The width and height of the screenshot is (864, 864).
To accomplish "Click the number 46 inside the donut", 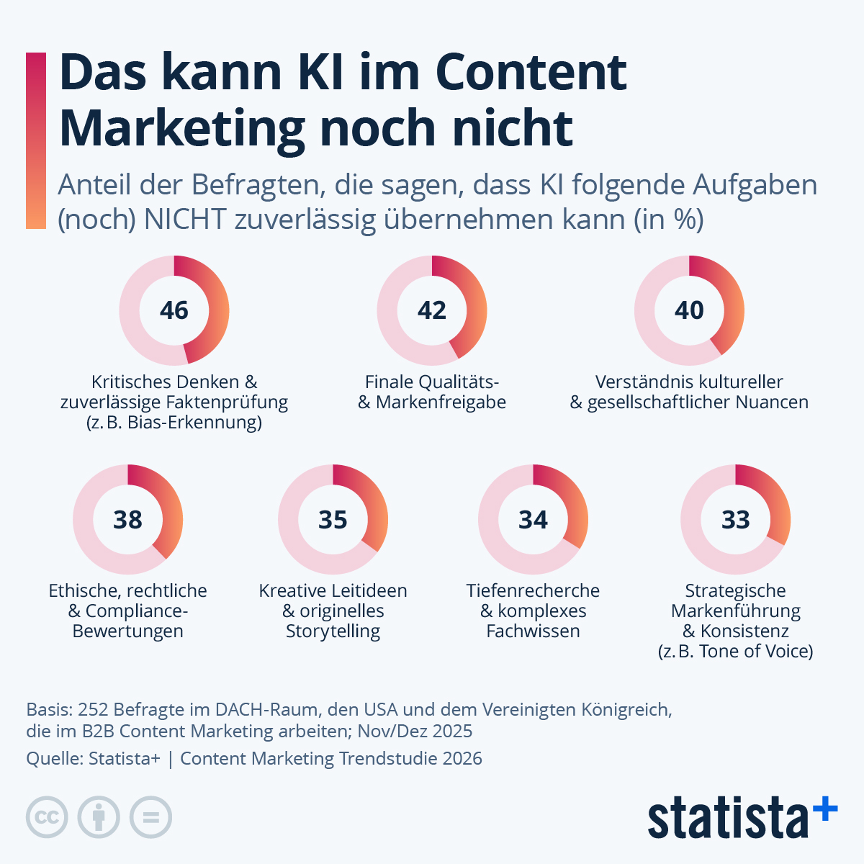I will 174,310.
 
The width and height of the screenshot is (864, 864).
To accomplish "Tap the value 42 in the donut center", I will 432,310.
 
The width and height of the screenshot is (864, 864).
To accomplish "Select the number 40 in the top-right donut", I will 689,310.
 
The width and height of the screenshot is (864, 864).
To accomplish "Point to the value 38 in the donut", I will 128,519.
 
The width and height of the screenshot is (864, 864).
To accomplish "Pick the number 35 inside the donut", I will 333,519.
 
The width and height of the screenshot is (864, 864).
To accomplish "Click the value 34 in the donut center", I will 533,519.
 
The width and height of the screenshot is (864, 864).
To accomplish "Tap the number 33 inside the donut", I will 736,519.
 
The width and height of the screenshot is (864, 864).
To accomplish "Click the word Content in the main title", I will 531,72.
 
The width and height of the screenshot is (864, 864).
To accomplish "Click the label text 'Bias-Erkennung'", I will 194,422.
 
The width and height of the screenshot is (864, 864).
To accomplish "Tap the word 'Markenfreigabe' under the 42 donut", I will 441,402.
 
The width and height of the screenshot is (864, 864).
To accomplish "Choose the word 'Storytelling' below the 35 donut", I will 333,631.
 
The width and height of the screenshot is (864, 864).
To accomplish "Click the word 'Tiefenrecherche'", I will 533,590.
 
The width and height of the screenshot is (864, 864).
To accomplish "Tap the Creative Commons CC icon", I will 47,817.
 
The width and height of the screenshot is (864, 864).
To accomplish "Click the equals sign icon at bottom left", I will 150,817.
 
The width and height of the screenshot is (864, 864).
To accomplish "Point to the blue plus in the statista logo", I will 825,809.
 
